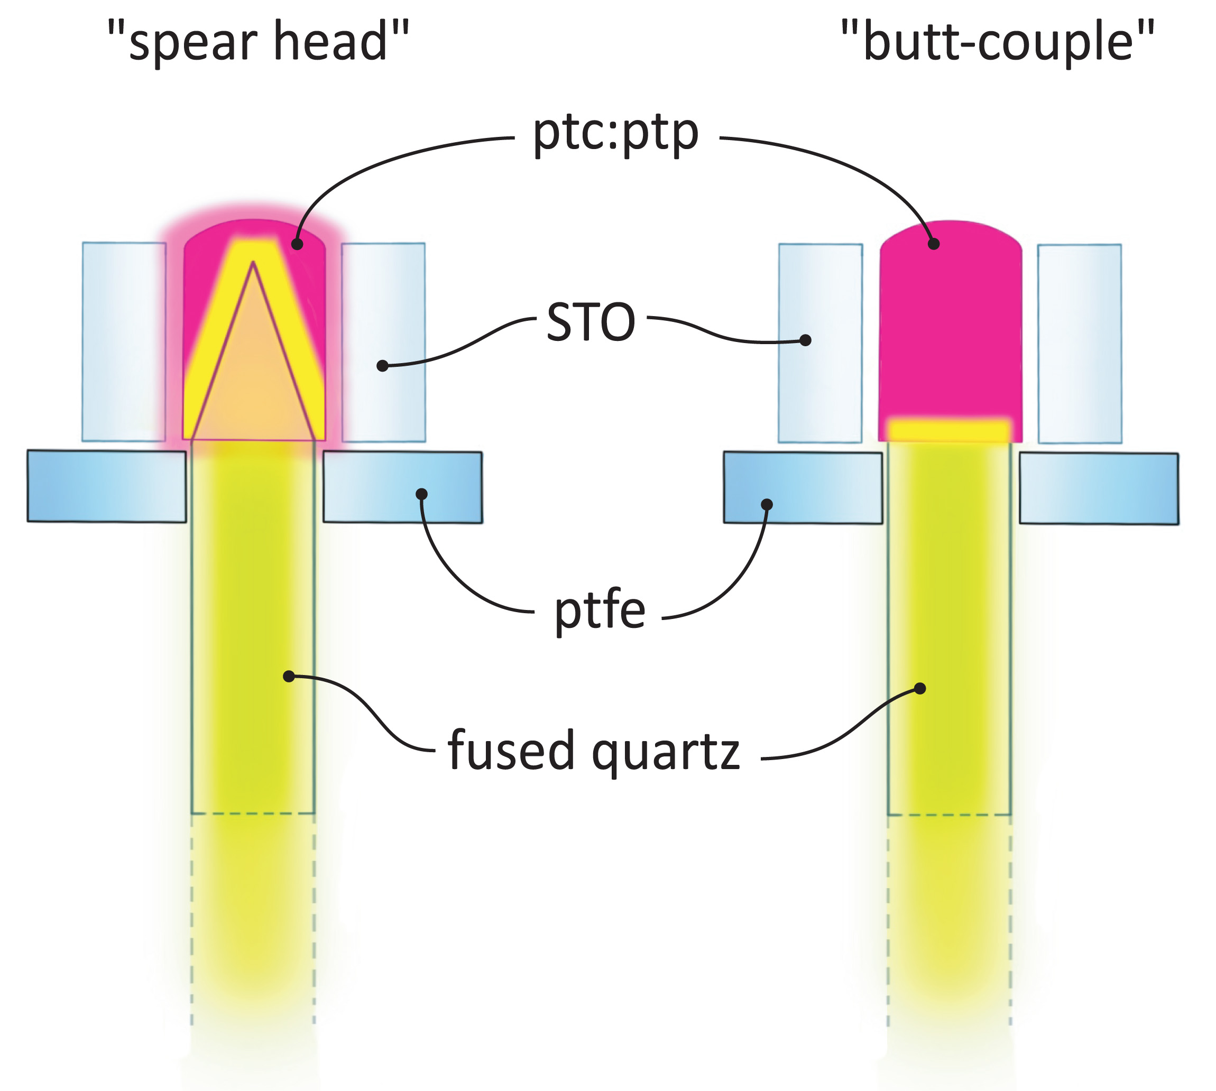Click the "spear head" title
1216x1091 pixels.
[258, 42]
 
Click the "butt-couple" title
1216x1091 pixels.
[997, 42]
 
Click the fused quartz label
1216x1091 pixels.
[594, 751]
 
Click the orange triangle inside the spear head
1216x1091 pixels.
[253, 384]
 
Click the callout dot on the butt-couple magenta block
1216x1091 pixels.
[934, 243]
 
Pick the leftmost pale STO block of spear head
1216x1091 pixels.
[124, 341]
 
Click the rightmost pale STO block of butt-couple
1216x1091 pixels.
[1079, 343]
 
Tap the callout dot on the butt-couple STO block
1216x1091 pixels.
[806, 340]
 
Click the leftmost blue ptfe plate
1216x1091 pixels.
[107, 486]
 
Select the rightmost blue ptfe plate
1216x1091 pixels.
[1099, 488]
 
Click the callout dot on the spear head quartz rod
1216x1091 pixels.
[289, 676]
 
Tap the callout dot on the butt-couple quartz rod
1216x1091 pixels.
[920, 688]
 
